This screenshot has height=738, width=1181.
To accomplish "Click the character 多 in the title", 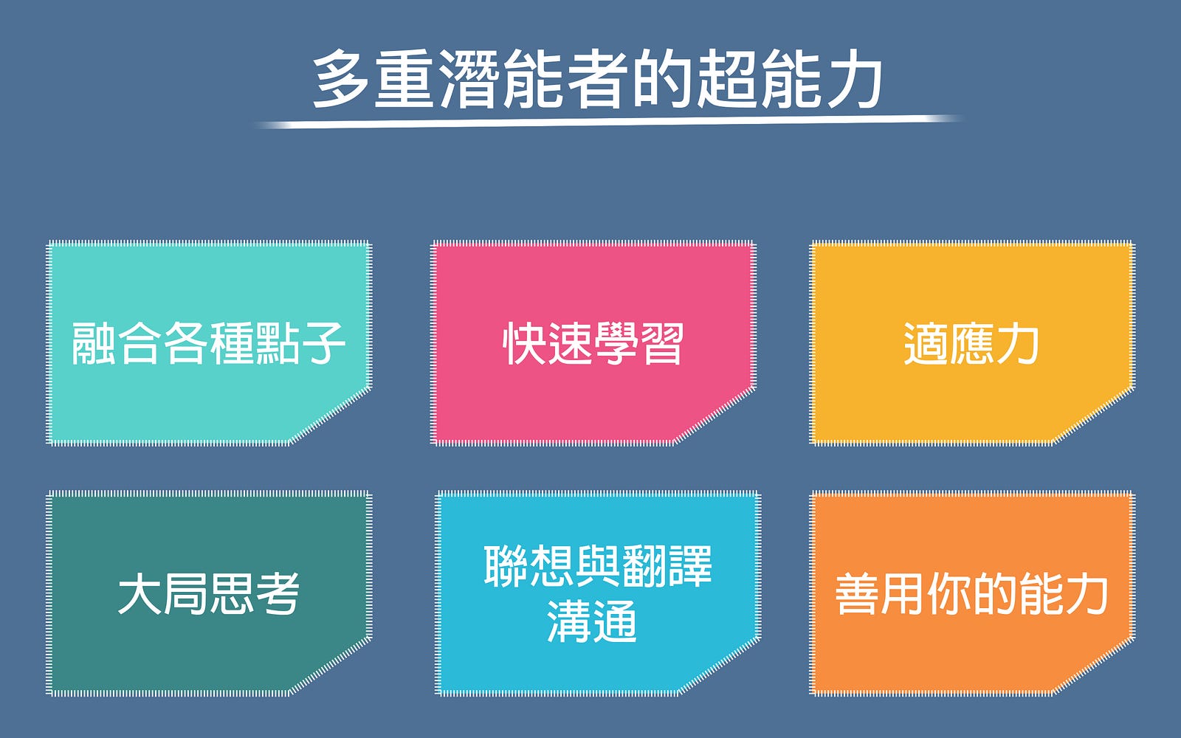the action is point(340,78).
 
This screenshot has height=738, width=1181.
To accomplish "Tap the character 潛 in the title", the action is point(468,78).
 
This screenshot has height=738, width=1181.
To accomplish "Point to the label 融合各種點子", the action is point(208,344).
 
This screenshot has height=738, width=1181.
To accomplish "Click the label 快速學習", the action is point(593,344).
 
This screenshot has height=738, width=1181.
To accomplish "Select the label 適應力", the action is point(971,344).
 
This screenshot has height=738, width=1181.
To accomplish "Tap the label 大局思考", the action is point(208,593).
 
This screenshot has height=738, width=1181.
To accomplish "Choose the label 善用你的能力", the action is point(971,593).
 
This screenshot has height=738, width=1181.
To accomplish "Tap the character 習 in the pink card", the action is point(662,344).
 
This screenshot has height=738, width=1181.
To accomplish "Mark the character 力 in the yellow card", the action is point(1018,344).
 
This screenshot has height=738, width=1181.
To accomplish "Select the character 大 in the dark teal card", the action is point(140,593).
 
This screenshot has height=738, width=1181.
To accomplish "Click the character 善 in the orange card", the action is point(857,593).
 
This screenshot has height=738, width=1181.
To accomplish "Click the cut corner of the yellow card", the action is point(1092,415).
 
